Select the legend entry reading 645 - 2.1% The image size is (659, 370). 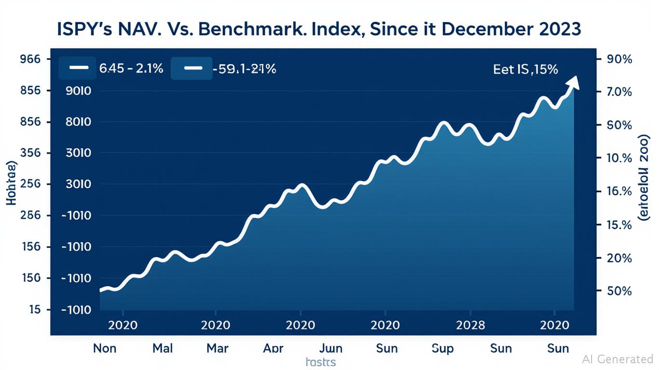pyautogui.click(x=111, y=68)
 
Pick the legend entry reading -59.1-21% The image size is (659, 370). pyautogui.click(x=224, y=68)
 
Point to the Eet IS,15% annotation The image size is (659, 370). pyautogui.click(x=525, y=69)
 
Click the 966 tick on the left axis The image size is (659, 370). pyautogui.click(x=30, y=59)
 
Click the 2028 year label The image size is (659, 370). pyautogui.click(x=470, y=325)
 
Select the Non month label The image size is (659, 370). pyautogui.click(x=105, y=348)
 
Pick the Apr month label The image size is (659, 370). pyautogui.click(x=274, y=348)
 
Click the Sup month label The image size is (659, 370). pyautogui.click(x=443, y=348)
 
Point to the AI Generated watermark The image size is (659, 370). pyautogui.click(x=617, y=359)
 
